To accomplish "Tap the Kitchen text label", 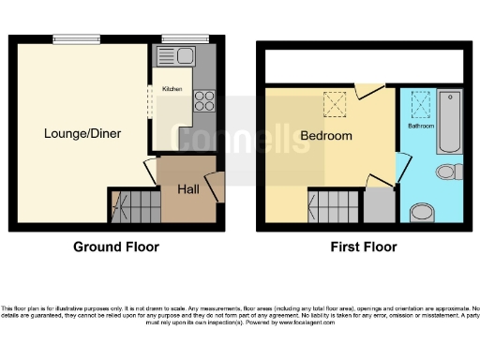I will click(172, 89).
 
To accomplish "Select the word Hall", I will click(187, 189).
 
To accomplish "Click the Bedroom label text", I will click(325, 137).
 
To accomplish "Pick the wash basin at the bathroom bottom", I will click(423, 211).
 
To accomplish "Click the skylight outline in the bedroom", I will click(333, 104).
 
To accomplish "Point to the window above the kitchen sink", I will click(175, 39).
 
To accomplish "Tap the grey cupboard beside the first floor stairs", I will click(379, 204).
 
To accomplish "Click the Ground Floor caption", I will click(116, 247).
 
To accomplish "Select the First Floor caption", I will click(364, 247).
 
